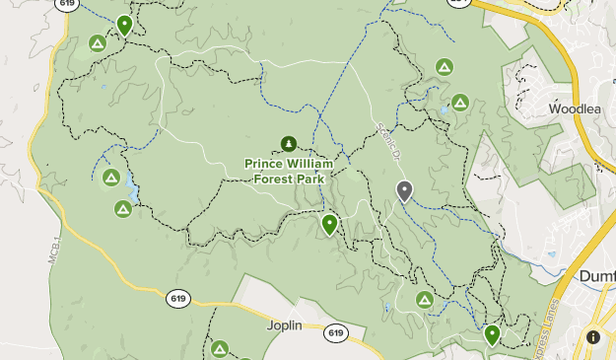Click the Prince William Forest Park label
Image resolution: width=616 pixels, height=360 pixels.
pos(288,170)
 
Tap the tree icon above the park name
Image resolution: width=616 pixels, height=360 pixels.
pos(288,144)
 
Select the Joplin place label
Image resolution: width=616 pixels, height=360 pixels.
pos(284,324)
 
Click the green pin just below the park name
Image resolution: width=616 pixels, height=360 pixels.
pos(329,225)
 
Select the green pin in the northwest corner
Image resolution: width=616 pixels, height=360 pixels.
pos(124,25)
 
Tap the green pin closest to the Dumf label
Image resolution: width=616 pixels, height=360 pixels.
pos(492,335)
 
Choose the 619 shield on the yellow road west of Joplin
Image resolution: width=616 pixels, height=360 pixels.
pos(177,299)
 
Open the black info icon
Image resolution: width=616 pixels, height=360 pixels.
pos(593,336)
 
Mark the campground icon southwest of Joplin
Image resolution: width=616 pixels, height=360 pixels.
pos(219,348)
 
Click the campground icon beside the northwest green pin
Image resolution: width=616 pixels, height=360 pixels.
pos(97,42)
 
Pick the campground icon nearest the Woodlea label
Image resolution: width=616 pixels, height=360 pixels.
pos(460,102)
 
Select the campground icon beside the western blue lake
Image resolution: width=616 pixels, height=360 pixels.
pos(111,178)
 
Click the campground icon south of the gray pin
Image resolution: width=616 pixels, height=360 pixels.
pos(425,299)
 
